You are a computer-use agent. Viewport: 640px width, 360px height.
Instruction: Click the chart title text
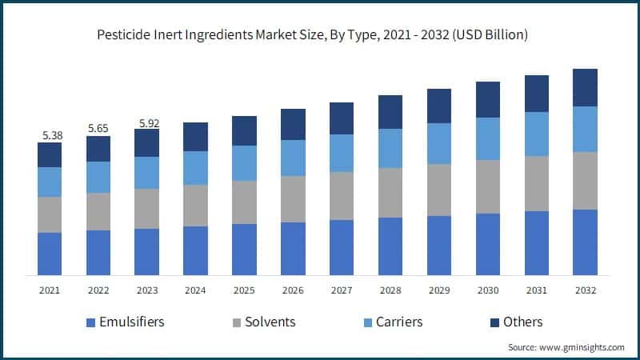pos(320,35)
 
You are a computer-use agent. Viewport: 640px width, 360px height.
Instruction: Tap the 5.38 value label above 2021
pos(50,135)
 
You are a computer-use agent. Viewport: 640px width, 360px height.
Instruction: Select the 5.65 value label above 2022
pos(98,128)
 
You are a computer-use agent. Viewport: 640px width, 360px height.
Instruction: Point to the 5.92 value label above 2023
pos(147,122)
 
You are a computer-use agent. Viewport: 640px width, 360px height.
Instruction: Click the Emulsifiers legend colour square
pos(90,322)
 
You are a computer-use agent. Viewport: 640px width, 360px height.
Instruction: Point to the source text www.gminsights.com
pos(566,347)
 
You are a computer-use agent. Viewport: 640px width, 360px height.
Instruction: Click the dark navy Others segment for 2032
pos(585,87)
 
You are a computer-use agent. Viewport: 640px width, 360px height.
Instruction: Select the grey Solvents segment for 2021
pos(50,214)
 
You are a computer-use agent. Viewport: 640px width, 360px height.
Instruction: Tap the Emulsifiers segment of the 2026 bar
pos(293,249)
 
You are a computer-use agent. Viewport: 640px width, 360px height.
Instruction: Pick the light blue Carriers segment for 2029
pos(438,143)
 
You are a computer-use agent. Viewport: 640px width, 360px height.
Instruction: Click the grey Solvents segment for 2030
pos(487,186)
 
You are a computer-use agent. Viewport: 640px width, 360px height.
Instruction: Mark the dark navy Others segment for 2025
pos(244,130)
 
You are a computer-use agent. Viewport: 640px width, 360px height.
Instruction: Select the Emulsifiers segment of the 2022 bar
pos(98,253)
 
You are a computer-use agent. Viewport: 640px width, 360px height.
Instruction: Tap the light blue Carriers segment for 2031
pos(536,134)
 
